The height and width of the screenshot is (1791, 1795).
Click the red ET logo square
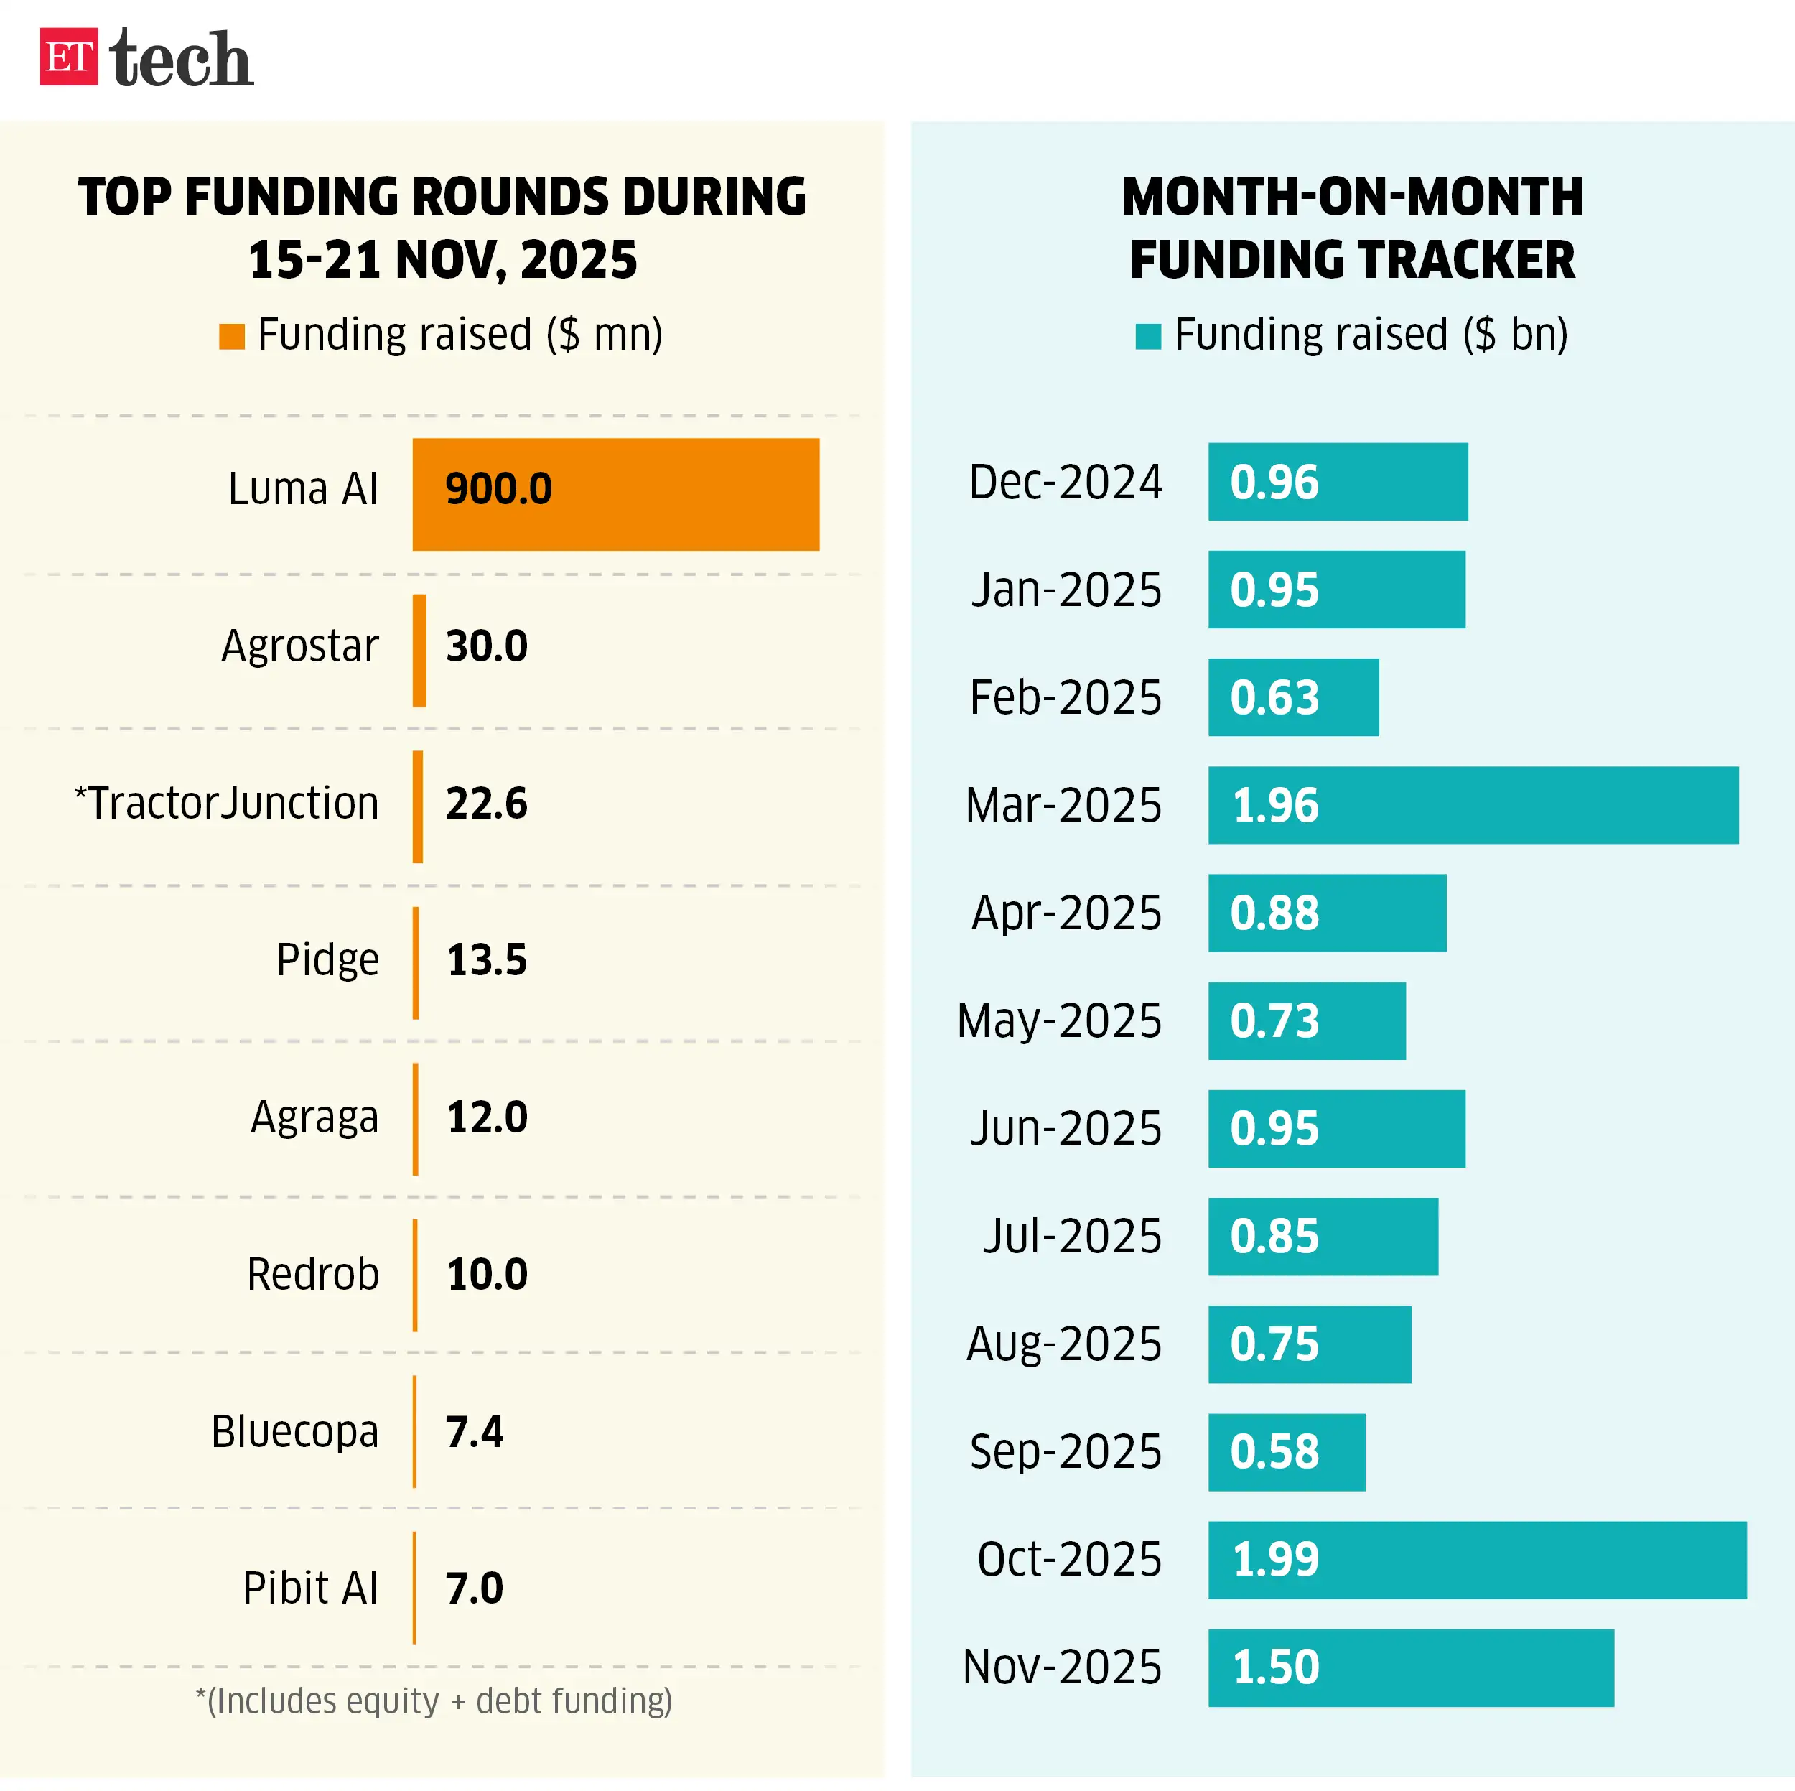69,57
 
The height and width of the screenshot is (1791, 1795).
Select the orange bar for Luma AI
615,495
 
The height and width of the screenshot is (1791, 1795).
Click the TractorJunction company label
227,803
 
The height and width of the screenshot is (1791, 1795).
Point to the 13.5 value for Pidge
486,960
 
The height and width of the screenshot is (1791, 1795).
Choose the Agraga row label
314,1117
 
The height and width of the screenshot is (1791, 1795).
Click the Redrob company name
312,1274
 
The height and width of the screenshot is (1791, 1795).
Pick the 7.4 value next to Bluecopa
474,1431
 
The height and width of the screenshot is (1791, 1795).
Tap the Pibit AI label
309,1588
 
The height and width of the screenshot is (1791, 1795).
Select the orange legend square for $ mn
231,337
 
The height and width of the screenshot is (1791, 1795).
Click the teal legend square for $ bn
1148,337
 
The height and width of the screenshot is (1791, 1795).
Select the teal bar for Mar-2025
1473,805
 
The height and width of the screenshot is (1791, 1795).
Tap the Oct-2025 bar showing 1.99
1477,1560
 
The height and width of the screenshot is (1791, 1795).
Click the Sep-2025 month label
1065,1452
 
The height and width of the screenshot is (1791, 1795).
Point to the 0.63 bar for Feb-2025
1293,697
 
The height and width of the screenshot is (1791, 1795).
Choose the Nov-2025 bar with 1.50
1410,1667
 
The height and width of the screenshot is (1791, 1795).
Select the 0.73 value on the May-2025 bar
1274,1020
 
